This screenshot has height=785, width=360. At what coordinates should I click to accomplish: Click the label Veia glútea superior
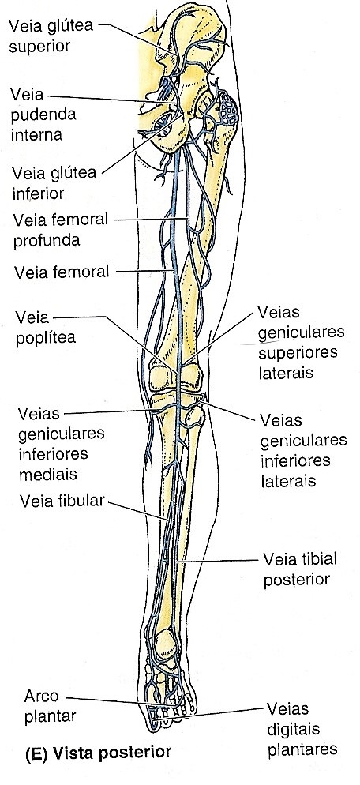(51, 35)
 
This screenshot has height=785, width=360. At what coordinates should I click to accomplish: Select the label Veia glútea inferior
(54, 182)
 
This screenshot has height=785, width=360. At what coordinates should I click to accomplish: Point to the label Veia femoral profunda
(61, 230)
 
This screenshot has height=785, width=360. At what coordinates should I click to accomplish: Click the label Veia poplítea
(46, 328)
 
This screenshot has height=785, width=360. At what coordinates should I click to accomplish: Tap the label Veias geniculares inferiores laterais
(303, 451)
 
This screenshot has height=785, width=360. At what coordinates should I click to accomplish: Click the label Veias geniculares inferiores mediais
(61, 444)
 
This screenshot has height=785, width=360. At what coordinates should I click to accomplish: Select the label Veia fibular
(61, 501)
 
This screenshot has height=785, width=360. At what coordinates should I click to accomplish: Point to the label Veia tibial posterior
(300, 569)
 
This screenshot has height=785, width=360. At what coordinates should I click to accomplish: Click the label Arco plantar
(50, 706)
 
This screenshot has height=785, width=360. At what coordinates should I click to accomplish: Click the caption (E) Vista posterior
(98, 753)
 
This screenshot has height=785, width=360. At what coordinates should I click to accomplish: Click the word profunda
(47, 240)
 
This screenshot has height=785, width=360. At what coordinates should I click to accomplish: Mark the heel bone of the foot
(163, 646)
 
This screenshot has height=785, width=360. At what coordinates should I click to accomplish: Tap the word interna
(38, 135)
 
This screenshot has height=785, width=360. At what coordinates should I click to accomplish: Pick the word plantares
(302, 749)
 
